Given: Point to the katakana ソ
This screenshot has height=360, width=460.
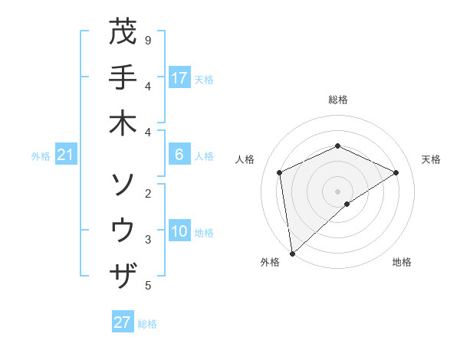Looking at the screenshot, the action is [123, 185].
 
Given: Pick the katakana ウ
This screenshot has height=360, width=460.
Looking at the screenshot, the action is [123, 230].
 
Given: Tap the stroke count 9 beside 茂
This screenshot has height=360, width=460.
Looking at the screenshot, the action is [148, 40].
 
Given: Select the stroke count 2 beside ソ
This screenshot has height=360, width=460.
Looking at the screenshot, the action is [148, 194].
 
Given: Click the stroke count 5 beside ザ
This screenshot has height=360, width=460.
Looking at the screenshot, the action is [148, 286].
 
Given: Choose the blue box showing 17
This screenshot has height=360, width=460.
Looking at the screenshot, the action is [179, 78].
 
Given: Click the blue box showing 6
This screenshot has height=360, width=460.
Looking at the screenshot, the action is [179, 155].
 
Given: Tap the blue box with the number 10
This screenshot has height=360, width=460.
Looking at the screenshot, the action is [179, 232].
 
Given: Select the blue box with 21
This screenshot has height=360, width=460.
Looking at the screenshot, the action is [65, 155].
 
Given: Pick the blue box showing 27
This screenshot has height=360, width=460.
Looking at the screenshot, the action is [123, 322].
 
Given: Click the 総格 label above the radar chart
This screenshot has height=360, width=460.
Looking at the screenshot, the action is [337, 100].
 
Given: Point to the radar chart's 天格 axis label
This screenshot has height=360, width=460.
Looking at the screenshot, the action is [431, 159].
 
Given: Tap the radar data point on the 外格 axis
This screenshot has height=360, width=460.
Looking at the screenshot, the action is [292, 253].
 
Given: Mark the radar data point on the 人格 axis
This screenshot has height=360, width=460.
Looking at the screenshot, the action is [280, 172].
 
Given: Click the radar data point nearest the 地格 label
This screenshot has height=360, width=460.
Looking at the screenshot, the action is [347, 204].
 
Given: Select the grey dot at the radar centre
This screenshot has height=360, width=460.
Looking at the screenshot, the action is [337, 191].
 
